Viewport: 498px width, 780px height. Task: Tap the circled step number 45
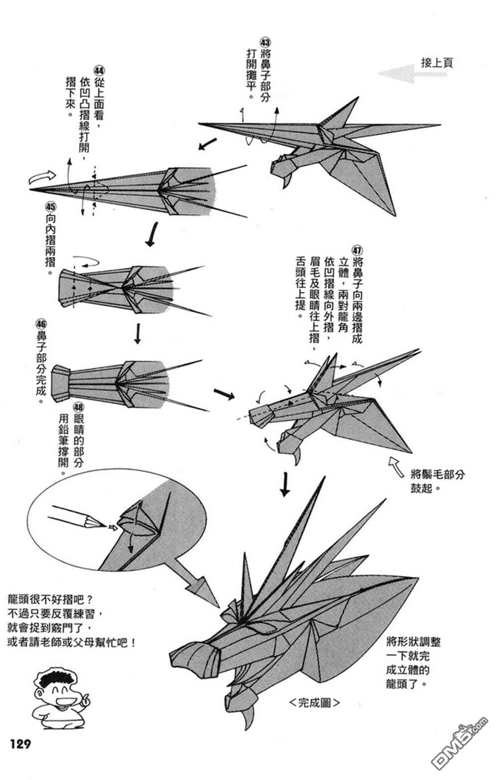(x=50, y=206)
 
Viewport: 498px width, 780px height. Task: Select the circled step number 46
(x=41, y=324)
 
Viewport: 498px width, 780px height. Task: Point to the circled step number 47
(x=357, y=249)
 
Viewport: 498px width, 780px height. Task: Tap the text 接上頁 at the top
(x=437, y=63)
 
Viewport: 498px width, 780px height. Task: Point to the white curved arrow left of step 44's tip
(x=43, y=176)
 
